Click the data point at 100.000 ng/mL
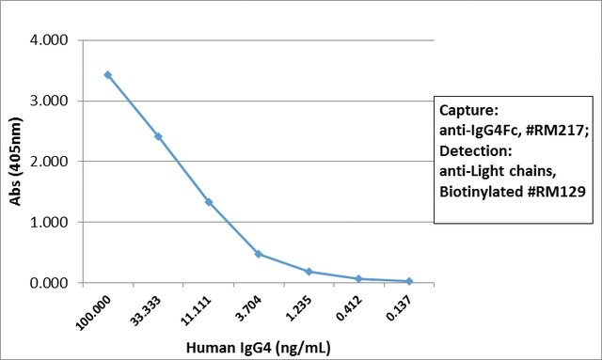pos(108,75)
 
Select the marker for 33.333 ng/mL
pos(158,136)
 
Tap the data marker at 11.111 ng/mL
pos(209,202)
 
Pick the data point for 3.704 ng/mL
pos(259,254)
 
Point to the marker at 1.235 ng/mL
pos(309,272)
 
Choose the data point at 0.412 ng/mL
pos(359,278)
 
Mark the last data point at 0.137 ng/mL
pos(409,281)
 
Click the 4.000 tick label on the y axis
pos(49,39)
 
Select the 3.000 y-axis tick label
pos(49,101)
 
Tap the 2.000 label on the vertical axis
pos(49,161)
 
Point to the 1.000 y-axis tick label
pos(49,222)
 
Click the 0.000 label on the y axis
pos(49,283)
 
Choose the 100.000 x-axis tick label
pos(93,313)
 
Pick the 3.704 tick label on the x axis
pos(248,308)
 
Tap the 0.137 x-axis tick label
pos(399,308)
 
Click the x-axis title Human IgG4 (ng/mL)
pos(258,348)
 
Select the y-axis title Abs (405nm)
pos(15,162)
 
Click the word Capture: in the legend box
pos(468,111)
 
